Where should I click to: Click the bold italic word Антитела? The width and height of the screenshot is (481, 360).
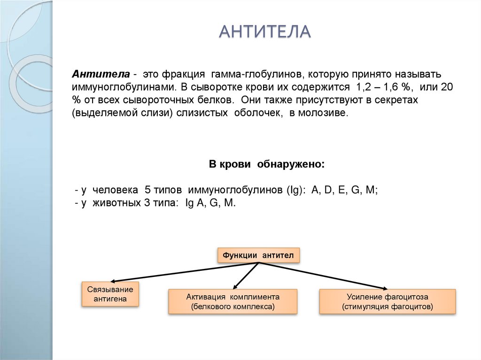coord(101,75)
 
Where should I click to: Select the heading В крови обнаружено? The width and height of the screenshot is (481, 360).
coord(266,165)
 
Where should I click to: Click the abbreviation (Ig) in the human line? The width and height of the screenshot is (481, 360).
coord(295,191)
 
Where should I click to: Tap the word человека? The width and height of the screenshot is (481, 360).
coord(115,191)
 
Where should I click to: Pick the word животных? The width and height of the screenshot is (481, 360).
coord(115,203)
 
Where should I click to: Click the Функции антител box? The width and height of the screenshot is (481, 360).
coord(258,255)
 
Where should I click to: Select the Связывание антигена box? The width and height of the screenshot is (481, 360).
coord(110,294)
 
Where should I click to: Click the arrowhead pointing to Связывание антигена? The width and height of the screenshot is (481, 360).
coord(112,281)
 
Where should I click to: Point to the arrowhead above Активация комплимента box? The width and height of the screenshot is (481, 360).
coord(235,286)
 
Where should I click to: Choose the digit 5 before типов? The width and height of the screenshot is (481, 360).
coord(147,191)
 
